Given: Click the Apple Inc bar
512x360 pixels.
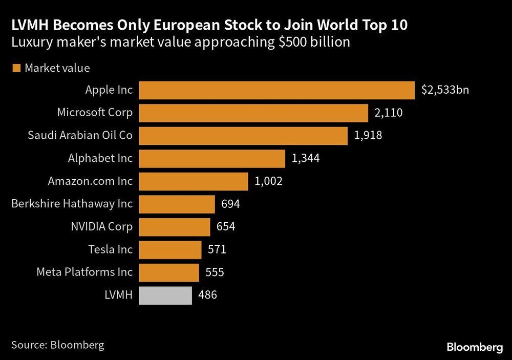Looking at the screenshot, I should tap(276, 90).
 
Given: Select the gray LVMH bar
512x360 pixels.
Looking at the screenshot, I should tap(165, 295).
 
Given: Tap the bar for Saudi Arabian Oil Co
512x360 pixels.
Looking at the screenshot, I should tap(243, 136).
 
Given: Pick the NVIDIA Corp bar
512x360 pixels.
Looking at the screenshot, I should tap(175, 227).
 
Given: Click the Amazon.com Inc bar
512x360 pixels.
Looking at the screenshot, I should tap(194, 181).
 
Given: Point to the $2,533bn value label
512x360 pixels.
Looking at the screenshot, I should tap(445, 90).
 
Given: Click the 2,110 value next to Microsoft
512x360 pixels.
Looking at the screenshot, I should tap(389, 113).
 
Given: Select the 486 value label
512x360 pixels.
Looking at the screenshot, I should tap(208, 295).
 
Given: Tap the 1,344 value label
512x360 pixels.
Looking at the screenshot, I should tap(306, 159).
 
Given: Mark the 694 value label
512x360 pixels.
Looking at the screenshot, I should tap(230, 204).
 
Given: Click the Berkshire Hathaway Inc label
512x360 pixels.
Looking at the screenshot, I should tap(72, 204).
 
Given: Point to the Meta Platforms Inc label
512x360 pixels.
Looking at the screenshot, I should tap(84, 272).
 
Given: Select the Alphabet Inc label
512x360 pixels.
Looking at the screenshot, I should tap(100, 158).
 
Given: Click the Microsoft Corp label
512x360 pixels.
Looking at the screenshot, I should tap(95, 113).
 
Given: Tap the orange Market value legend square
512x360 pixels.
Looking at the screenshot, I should tap(16, 68).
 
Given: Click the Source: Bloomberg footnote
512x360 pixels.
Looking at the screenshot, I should tap(57, 345).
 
